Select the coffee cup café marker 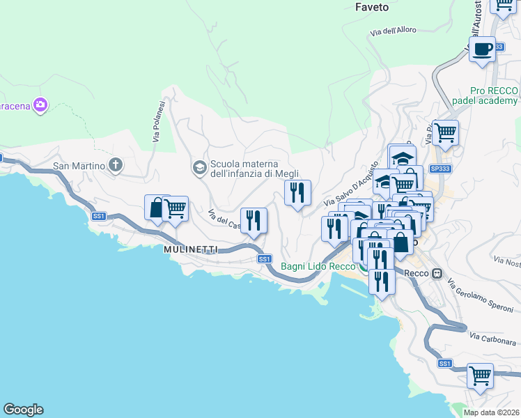(482, 49)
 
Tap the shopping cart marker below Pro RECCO (445, 131)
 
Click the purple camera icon (40, 104)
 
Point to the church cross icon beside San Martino (116, 166)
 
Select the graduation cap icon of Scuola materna (199, 167)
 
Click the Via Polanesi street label (158, 122)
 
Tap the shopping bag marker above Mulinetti (157, 207)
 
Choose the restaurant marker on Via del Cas (254, 221)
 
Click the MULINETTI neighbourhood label (192, 249)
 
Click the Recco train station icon (437, 273)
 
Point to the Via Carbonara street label (492, 337)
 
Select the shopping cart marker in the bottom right (480, 376)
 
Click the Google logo (23, 410)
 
